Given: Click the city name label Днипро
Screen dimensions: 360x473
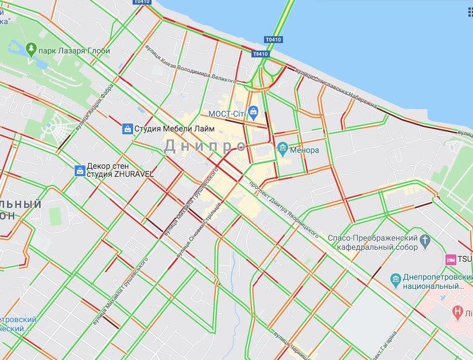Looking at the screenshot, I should coord(205,146).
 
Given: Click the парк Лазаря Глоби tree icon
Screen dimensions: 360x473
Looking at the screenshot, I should coord(30,49).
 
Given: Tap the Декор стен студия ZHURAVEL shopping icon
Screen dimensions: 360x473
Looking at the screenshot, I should coord(79,170).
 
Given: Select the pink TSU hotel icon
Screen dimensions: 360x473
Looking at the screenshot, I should coord(451,259).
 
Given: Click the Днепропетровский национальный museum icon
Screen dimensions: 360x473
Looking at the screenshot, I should coord(396,280).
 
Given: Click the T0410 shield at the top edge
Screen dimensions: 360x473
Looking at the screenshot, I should coord(141,2).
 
